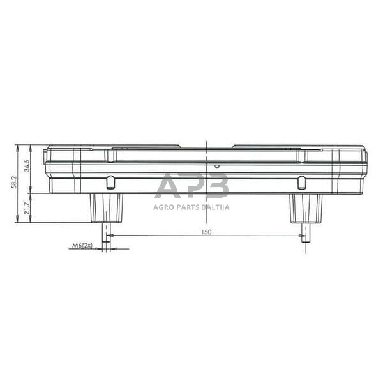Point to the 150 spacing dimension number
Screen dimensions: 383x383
click(x=206, y=232)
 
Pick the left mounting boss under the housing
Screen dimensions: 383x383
click(x=106, y=208)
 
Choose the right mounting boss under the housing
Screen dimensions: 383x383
click(x=306, y=208)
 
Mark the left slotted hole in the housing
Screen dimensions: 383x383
click(x=110, y=183)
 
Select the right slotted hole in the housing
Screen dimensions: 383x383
click(x=302, y=183)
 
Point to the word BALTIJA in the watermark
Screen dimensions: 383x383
click(x=214, y=206)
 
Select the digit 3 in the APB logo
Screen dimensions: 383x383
click(x=217, y=186)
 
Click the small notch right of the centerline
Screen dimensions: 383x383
click(x=217, y=165)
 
